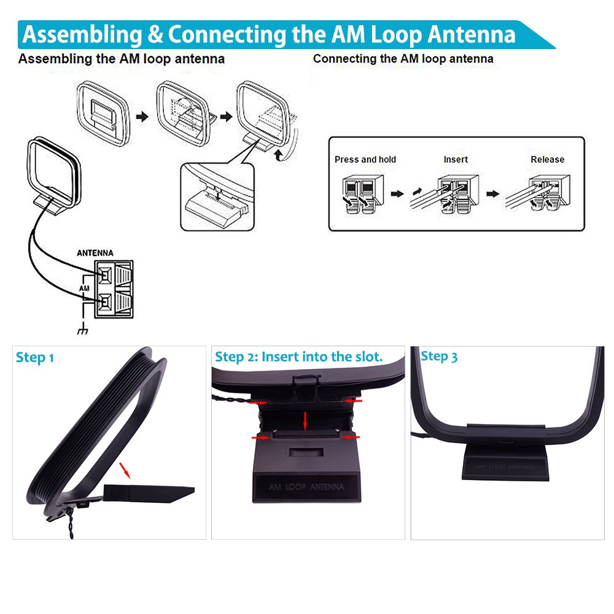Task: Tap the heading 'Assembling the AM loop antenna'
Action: tap(121, 60)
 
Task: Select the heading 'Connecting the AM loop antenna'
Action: tap(403, 59)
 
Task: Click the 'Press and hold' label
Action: tap(365, 160)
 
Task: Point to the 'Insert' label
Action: tap(456, 160)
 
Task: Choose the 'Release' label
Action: tap(547, 160)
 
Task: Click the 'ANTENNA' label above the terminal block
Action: tap(95, 252)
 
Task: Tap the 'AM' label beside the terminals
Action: tap(85, 287)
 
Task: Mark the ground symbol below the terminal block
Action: tap(82, 331)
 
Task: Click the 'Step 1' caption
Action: tap(35, 357)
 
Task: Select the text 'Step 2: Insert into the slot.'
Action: tap(298, 357)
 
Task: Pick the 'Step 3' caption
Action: tap(439, 356)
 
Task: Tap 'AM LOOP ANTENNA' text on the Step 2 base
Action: tap(306, 487)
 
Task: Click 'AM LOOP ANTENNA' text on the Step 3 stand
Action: tap(505, 468)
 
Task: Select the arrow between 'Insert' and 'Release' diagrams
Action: tap(492, 193)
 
